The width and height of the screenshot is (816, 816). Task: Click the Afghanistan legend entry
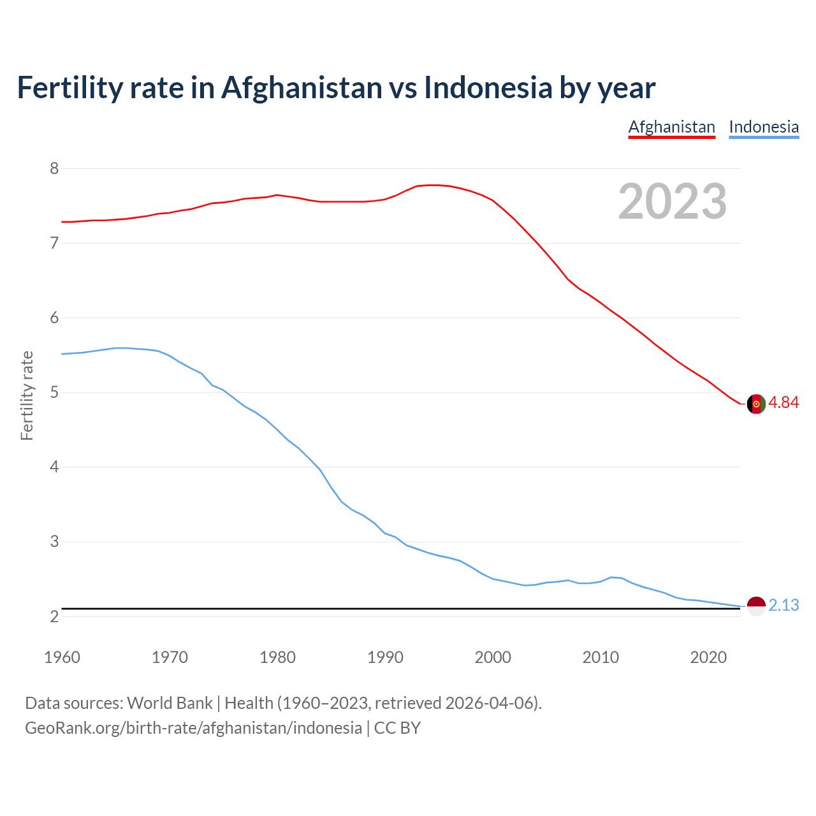(671, 127)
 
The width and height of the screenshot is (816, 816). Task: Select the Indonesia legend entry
(764, 127)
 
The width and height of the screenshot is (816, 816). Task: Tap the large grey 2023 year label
(672, 201)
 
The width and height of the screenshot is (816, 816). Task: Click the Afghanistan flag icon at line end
(755, 404)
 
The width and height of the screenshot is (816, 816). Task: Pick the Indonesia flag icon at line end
(755, 606)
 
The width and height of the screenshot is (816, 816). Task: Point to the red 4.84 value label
(783, 403)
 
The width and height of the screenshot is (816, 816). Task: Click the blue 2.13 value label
(783, 605)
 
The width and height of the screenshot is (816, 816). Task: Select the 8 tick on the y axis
(54, 168)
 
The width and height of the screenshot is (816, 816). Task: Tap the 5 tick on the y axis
(54, 392)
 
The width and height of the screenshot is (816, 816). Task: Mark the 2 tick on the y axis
(54, 616)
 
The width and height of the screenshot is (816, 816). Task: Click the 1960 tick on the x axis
(62, 657)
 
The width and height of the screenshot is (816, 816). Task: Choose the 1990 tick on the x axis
(385, 657)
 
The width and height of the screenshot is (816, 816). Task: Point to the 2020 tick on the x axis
(708, 657)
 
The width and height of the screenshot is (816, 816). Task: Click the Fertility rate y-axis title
(27, 395)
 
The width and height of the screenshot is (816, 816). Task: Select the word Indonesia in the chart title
(488, 88)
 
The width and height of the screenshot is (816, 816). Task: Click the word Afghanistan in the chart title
(301, 88)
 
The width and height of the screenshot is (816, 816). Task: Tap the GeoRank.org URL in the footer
(193, 728)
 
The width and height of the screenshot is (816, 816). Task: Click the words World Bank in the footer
(170, 703)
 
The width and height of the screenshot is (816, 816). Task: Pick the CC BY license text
(397, 728)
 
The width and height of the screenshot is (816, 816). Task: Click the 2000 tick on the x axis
(493, 657)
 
